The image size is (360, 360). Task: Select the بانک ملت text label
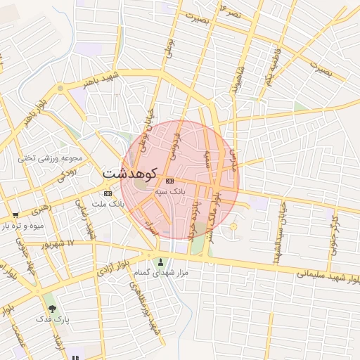(108, 204)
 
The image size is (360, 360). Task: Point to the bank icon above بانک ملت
(108, 193)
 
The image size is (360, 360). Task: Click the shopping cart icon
(15, 214)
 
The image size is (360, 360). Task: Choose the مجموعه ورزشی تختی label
(51, 158)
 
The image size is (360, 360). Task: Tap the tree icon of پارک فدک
(51, 308)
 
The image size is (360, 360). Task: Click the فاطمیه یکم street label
(273, 67)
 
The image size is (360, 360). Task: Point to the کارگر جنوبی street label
(333, 232)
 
